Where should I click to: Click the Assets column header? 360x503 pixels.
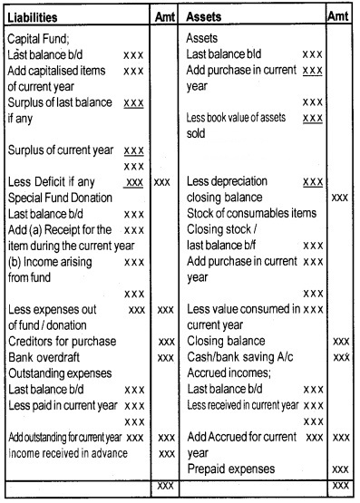[207, 17]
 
